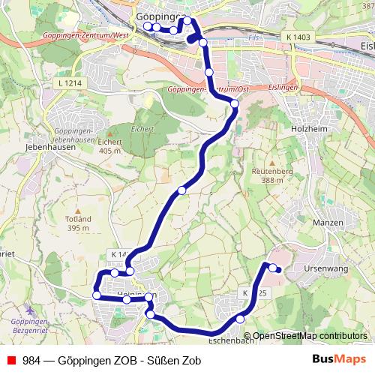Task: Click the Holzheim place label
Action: click(x=305, y=128)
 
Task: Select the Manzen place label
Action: click(x=327, y=223)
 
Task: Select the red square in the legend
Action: click(x=11, y=360)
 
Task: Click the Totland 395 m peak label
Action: click(x=78, y=223)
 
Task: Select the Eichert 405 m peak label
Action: click(x=109, y=145)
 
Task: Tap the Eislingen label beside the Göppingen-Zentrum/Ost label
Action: click(x=283, y=88)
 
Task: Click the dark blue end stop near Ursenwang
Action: click(x=278, y=270)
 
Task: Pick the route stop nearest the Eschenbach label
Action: click(x=240, y=319)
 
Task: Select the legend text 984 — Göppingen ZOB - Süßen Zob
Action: click(x=112, y=360)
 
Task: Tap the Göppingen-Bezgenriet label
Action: click(x=30, y=325)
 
